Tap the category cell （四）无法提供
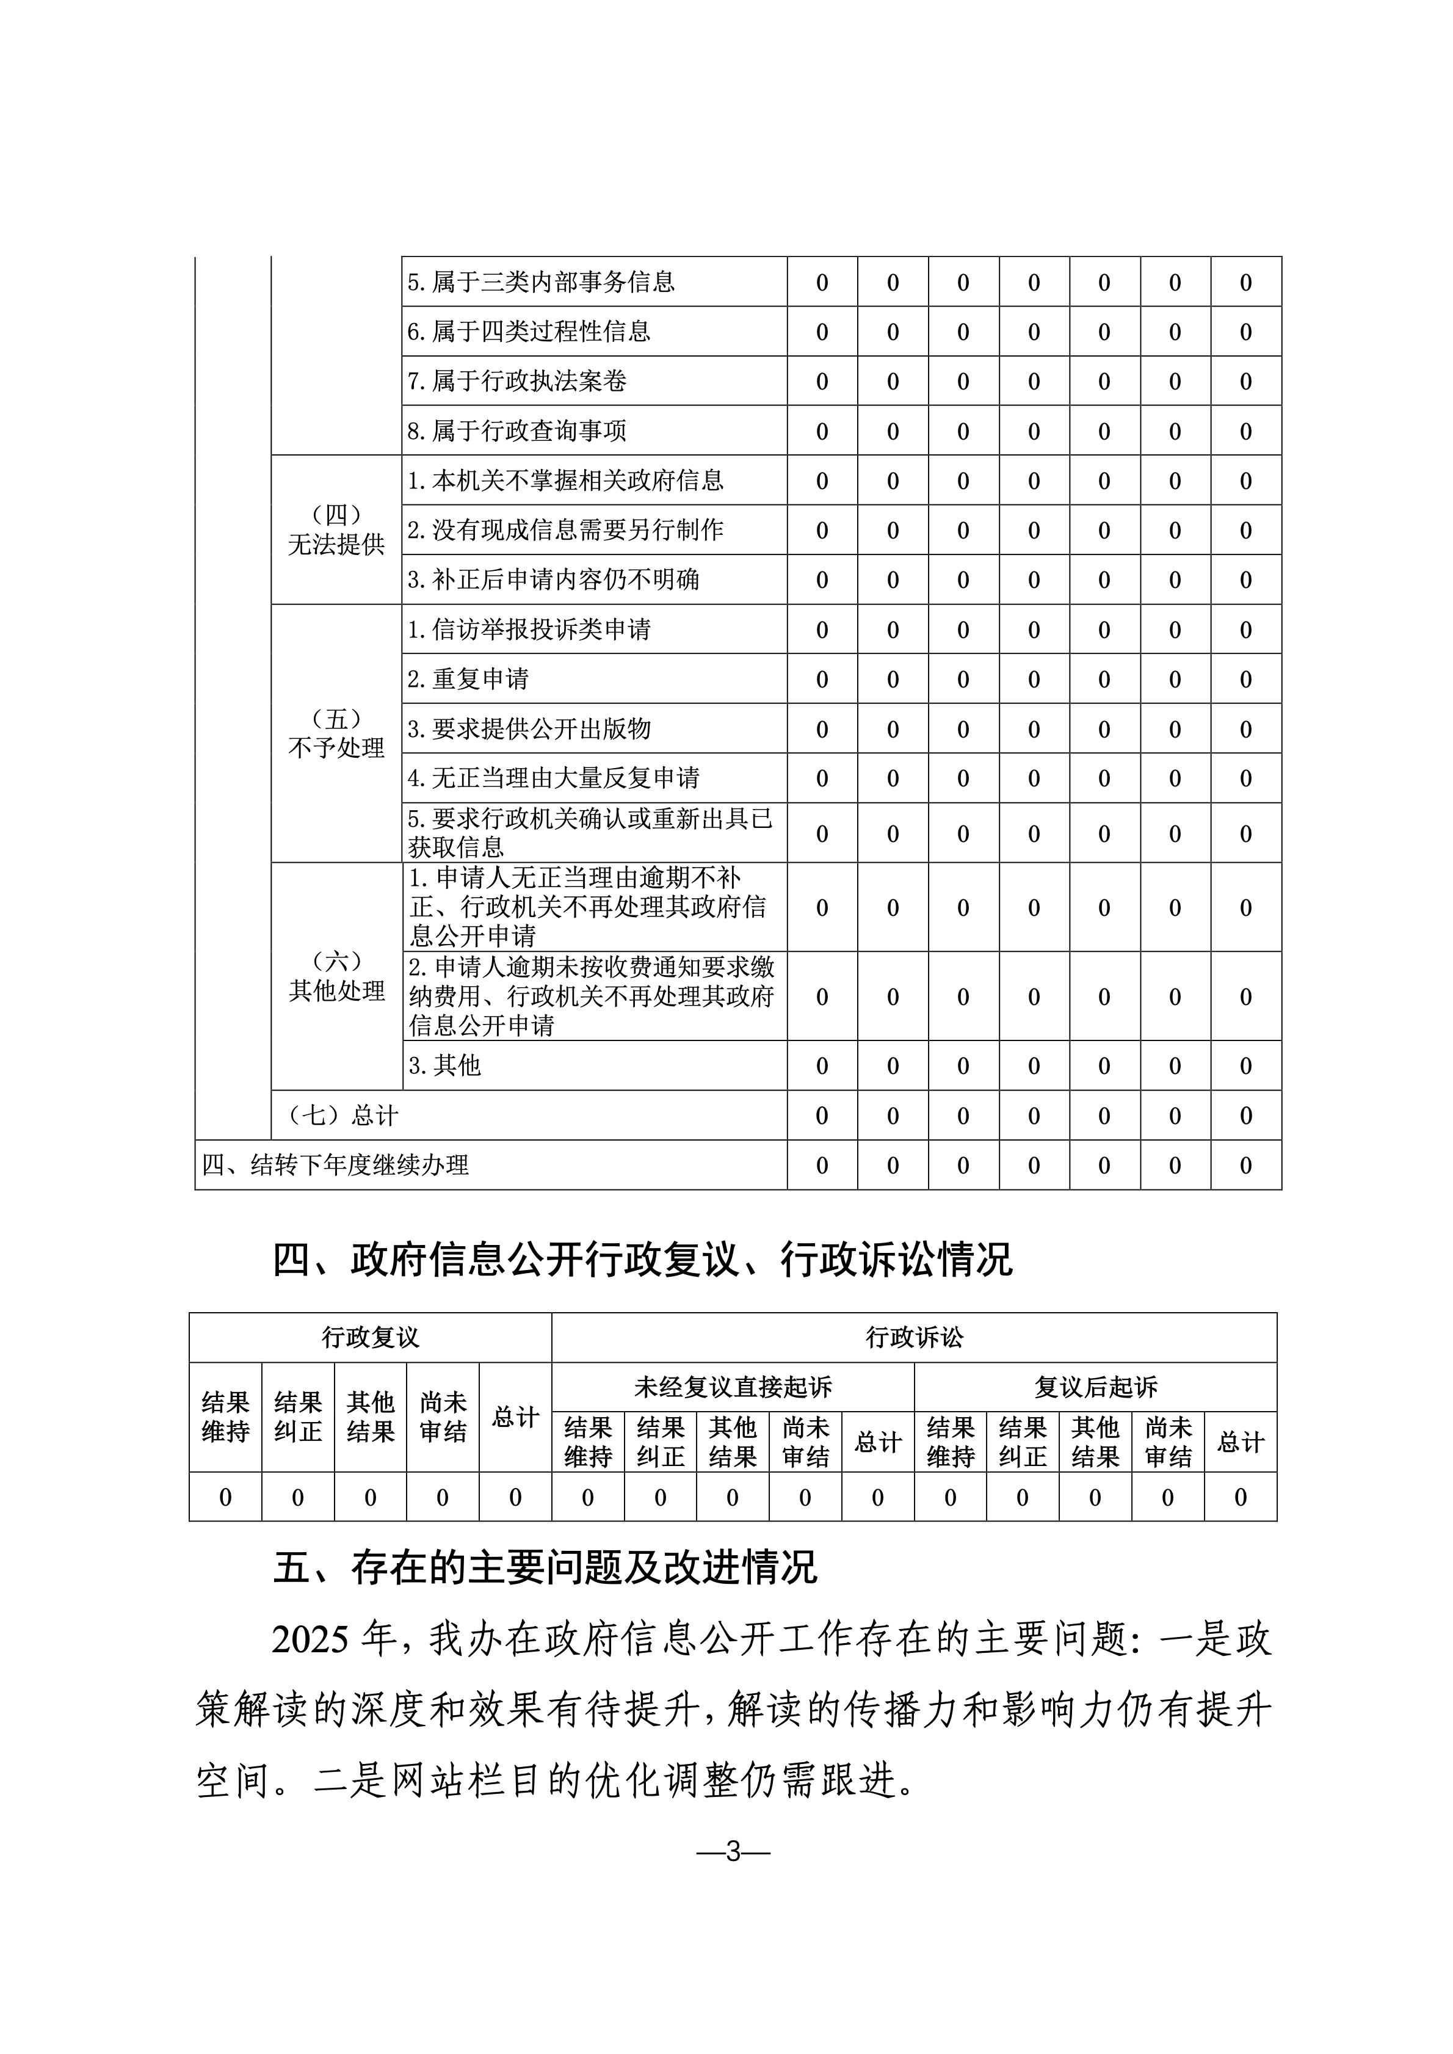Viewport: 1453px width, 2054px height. [x=336, y=529]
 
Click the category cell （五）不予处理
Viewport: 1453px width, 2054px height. [x=336, y=733]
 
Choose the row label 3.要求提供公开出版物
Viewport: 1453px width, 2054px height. [x=529, y=729]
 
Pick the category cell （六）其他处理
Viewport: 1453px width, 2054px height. [x=336, y=976]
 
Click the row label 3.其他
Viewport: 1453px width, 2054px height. [x=444, y=1065]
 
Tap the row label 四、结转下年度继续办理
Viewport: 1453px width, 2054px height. [x=336, y=1165]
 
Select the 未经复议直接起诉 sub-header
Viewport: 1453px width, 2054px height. [x=733, y=1387]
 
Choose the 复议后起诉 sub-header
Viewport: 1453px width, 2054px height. [x=1095, y=1387]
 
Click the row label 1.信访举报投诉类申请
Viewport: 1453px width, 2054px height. [x=529, y=630]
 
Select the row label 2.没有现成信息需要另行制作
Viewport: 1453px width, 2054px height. [x=565, y=531]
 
